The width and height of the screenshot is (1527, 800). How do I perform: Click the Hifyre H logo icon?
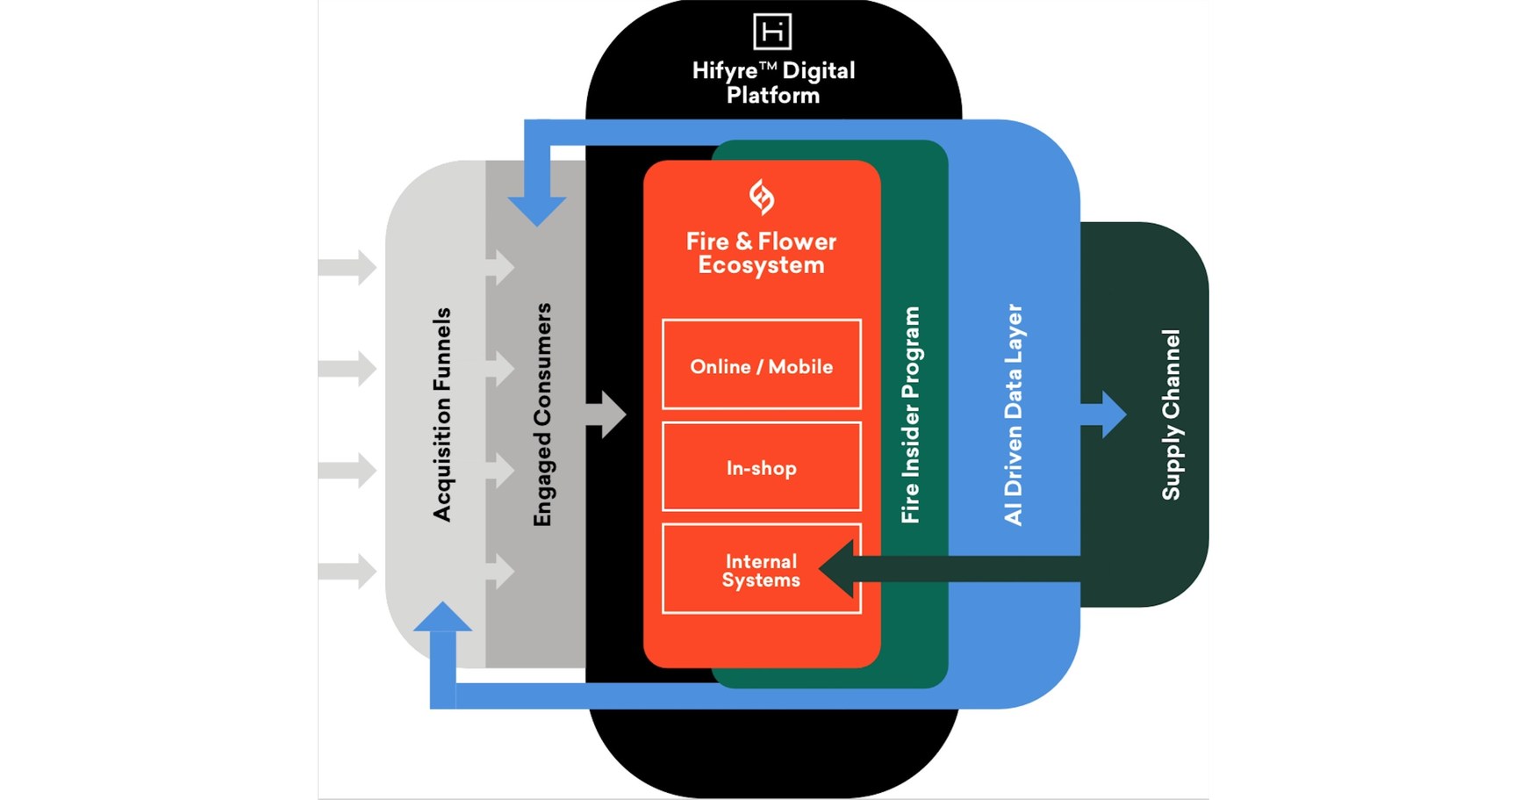pyautogui.click(x=772, y=32)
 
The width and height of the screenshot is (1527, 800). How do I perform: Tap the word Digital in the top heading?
pyautogui.click(x=818, y=71)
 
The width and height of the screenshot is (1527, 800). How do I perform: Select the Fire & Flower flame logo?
pyautogui.click(x=761, y=197)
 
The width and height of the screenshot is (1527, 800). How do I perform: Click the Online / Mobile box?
pyautogui.click(x=761, y=365)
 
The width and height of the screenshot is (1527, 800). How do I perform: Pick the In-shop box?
pyautogui.click(x=761, y=467)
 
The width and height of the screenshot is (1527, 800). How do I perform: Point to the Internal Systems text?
pyautogui.click(x=761, y=571)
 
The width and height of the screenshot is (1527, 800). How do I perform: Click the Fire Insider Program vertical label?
pyautogui.click(x=911, y=414)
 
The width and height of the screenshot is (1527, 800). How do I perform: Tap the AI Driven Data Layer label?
pyautogui.click(x=1014, y=414)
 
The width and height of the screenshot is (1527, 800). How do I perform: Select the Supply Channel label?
pyautogui.click(x=1171, y=414)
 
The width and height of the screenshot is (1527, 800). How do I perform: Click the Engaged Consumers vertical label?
pyautogui.click(x=543, y=414)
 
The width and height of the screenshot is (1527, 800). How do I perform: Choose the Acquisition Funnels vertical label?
pyautogui.click(x=442, y=414)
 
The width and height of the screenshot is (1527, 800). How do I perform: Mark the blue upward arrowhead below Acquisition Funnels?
pyautogui.click(x=442, y=618)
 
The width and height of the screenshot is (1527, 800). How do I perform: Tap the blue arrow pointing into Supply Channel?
pyautogui.click(x=1108, y=414)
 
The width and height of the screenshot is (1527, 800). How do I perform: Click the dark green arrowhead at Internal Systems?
pyautogui.click(x=838, y=568)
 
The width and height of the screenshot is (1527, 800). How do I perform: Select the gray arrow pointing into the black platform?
pyautogui.click(x=607, y=414)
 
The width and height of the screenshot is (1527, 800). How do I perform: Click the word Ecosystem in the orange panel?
pyautogui.click(x=761, y=265)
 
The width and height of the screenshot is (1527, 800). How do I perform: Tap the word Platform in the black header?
pyautogui.click(x=772, y=96)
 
